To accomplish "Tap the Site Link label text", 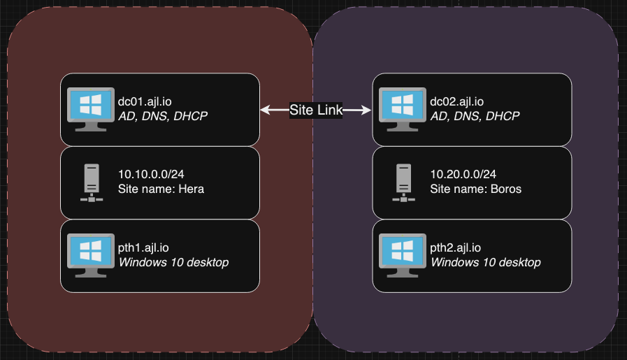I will (315, 110).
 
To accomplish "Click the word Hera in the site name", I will (192, 189).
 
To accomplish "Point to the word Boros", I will (505, 189).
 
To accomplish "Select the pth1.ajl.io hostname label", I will (143, 247).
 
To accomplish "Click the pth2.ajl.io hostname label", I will (456, 247).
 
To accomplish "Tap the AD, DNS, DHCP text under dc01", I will (163, 116).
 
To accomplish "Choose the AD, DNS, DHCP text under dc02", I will (475, 116).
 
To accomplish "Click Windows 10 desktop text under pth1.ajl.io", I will (173, 262).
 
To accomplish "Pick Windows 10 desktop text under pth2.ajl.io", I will (485, 262).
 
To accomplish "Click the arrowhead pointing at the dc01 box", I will (265, 110).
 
